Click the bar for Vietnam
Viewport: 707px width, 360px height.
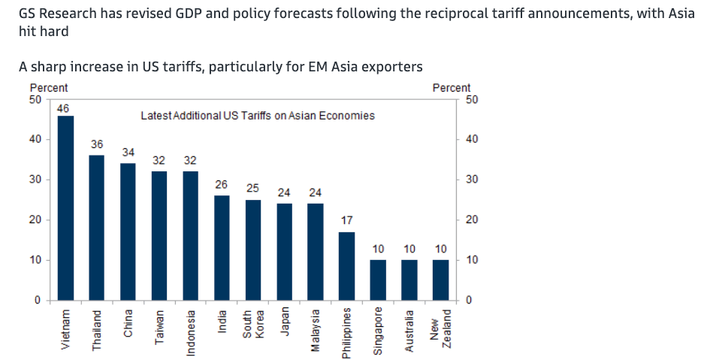(x=65, y=208)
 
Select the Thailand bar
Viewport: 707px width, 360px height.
(x=97, y=228)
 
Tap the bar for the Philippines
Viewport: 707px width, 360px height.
(x=346, y=266)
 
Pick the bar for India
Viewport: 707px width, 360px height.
(x=222, y=248)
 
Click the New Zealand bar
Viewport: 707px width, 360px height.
(x=440, y=280)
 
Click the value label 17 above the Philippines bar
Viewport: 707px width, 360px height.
(x=346, y=221)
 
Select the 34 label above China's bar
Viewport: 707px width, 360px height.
(x=128, y=152)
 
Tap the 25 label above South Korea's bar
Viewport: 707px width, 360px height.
(x=253, y=187)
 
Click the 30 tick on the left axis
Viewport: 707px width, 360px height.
(x=35, y=180)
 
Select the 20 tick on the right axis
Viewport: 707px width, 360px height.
(x=471, y=220)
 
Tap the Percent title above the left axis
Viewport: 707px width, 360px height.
(x=48, y=88)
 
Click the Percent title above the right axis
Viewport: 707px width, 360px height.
(x=452, y=88)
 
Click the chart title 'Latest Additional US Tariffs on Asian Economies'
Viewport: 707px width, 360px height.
(x=258, y=116)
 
